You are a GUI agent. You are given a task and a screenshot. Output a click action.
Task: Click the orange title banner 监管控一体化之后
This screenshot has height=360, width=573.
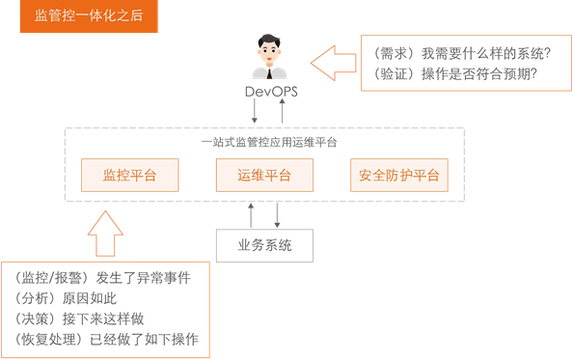tap(88, 16)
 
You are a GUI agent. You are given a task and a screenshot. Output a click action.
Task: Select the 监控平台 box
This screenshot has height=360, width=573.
tap(129, 176)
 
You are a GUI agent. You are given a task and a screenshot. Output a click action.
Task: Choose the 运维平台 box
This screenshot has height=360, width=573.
tap(264, 176)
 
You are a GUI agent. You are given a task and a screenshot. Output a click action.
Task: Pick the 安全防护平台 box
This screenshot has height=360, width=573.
tap(398, 176)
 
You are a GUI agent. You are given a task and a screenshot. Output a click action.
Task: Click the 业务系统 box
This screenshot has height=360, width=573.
tap(264, 244)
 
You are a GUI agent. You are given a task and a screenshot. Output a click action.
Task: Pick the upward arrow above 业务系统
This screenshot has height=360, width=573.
tap(251, 214)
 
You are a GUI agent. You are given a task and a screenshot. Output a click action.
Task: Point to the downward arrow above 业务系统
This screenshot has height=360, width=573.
tap(279, 214)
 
